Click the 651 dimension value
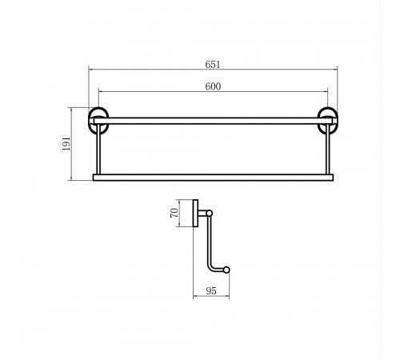tap(213, 65)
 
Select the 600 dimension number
tap(213, 86)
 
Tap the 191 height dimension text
tap(66, 144)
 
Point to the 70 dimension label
tap(174, 213)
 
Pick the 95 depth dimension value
tap(211, 291)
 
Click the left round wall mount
tap(90, 121)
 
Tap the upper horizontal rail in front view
tap(213, 121)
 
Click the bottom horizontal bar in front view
tap(213, 178)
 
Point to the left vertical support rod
tap(98, 150)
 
